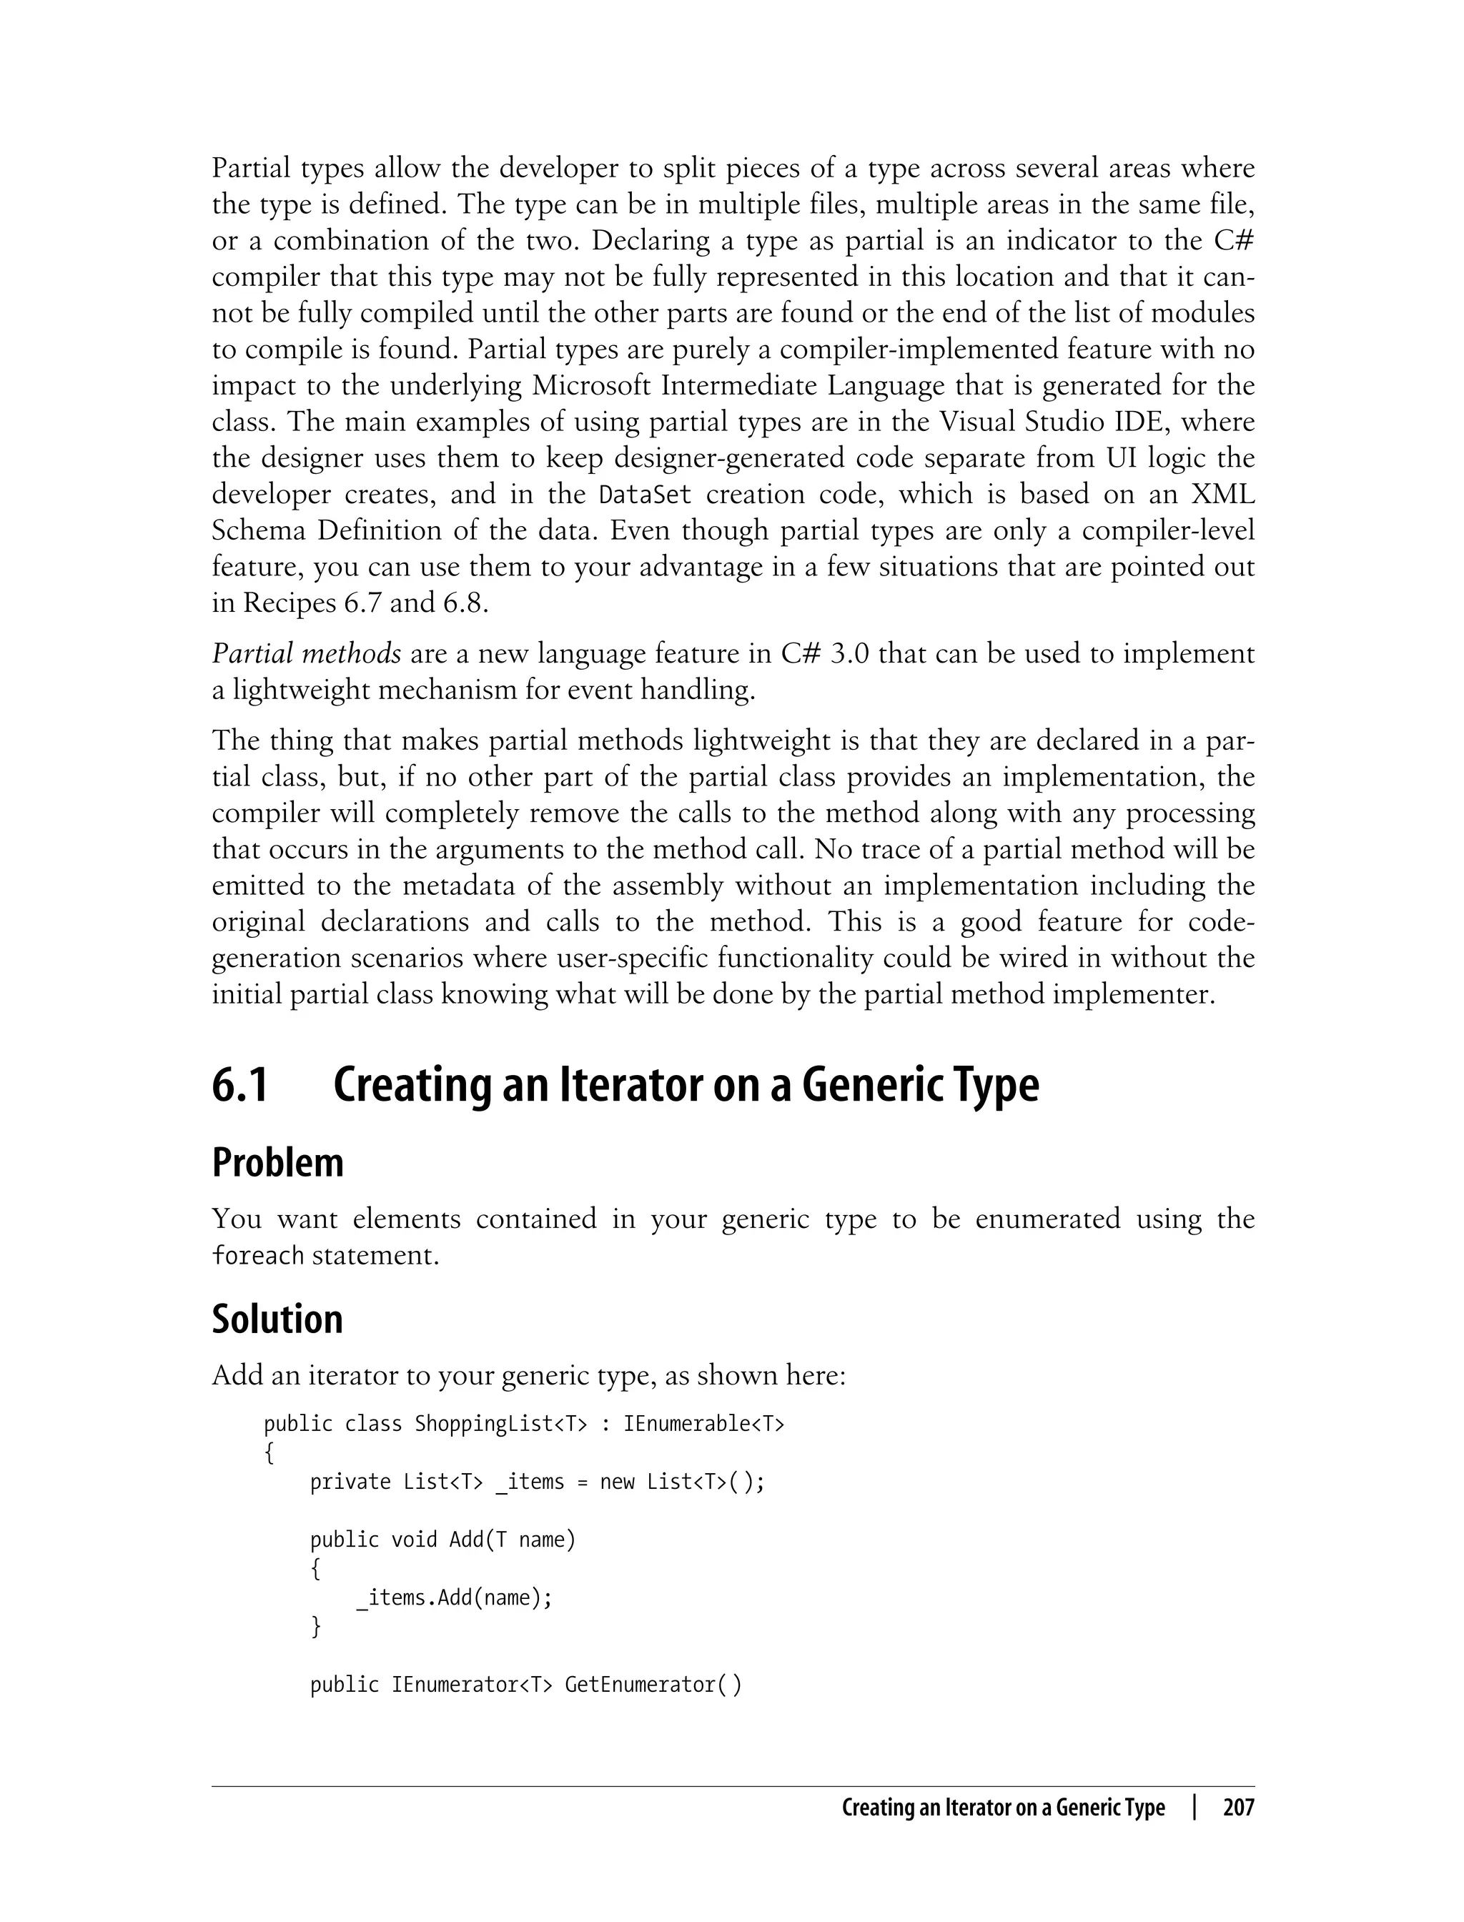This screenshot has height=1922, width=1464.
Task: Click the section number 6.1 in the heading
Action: point(239,1086)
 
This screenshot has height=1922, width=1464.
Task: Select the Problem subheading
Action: point(277,1163)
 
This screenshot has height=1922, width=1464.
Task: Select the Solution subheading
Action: point(277,1319)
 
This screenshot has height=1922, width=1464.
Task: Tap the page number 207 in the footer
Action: point(1237,1808)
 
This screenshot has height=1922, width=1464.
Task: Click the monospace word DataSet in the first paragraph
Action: point(645,495)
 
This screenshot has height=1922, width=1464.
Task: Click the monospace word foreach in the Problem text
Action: point(259,1256)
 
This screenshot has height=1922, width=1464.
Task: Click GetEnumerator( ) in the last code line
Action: point(653,1685)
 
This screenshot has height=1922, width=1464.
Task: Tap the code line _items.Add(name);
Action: point(454,1597)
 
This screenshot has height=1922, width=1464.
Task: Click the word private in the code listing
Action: point(350,1482)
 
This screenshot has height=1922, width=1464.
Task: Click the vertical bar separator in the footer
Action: point(1194,1808)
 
